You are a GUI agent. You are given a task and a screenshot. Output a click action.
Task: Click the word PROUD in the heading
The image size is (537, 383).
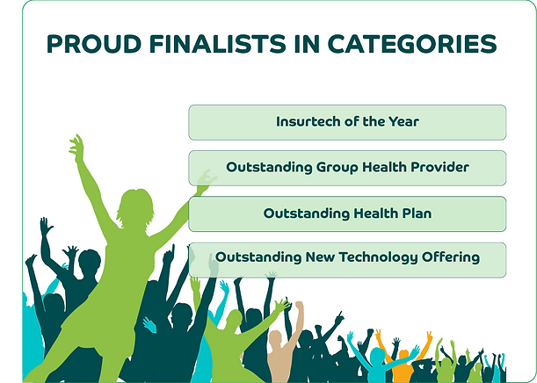pos(93,44)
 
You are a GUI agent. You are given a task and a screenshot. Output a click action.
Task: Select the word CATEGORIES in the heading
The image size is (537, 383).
pos(412,44)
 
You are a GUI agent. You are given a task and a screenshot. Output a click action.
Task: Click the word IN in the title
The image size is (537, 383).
pos(307,44)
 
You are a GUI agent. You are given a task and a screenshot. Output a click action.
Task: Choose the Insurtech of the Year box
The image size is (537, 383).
pos(347,122)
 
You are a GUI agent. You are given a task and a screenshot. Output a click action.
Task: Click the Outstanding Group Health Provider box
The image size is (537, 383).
pos(347,168)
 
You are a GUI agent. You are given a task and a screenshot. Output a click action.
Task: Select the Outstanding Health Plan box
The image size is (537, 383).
pos(347,214)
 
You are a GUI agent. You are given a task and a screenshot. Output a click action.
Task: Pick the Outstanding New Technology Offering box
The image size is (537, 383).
pos(347,260)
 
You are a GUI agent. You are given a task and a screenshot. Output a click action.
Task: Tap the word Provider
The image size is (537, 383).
pos(439,167)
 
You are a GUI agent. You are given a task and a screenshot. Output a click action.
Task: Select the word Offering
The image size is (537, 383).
pos(451,257)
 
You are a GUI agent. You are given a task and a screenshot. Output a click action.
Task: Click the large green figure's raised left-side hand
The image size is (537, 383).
pos(76,148)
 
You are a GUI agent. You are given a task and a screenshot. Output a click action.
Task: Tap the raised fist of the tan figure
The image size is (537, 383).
pos(300,306)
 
